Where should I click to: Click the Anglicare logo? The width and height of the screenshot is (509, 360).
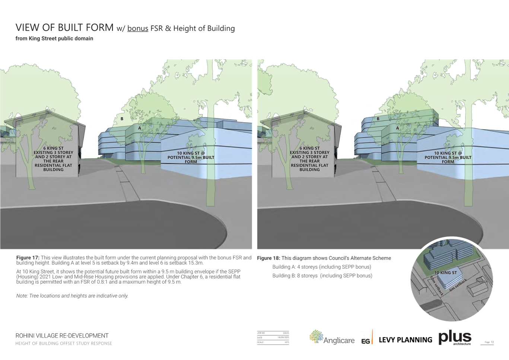coord(332,338)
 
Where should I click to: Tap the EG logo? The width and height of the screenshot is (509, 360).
coord(367,338)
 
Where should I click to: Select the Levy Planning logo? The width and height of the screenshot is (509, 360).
coord(405,340)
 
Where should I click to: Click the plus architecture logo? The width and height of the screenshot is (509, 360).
coord(455,338)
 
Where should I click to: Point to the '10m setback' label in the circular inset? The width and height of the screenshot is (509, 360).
coord(436,286)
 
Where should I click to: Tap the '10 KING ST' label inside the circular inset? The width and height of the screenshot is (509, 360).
coord(445,273)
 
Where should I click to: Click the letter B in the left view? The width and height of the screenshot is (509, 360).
coord(122,119)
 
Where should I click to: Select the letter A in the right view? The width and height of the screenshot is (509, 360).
coord(397,128)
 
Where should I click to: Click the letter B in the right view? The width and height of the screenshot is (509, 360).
coord(378,119)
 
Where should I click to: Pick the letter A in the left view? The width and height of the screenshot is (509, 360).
coord(140,128)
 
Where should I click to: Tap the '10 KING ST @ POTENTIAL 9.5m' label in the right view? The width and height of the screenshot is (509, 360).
coord(448,157)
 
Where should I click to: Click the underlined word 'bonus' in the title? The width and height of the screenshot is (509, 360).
coord(138,29)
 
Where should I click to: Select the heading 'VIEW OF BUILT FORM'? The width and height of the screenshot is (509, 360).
coord(64,28)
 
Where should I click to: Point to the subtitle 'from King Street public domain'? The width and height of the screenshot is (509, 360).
coord(54,38)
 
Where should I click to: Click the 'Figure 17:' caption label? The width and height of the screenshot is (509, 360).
coord(28,258)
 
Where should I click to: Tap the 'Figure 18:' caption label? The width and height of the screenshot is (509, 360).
coord(268,258)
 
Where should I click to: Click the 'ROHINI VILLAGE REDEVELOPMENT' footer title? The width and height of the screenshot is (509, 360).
coord(62,336)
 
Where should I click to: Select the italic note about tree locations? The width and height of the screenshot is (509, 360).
coord(72,296)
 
